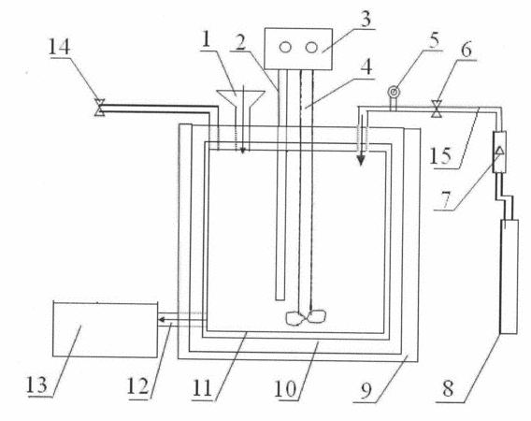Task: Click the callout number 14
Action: [x=59, y=47]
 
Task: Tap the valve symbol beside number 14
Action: [x=99, y=108]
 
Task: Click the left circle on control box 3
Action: [x=285, y=48]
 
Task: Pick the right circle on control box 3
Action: [x=311, y=48]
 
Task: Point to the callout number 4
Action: [x=366, y=66]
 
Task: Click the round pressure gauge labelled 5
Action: [x=394, y=92]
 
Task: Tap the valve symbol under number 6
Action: [x=437, y=109]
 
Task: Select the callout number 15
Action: [x=440, y=156]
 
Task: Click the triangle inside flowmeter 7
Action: [x=500, y=150]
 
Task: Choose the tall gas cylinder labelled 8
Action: [x=509, y=277]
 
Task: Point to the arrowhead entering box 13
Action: [x=163, y=319]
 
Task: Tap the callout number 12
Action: [x=137, y=386]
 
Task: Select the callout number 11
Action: [x=202, y=387]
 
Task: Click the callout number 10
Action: [x=285, y=388]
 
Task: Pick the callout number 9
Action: [x=366, y=390]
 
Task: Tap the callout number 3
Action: [x=366, y=19]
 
